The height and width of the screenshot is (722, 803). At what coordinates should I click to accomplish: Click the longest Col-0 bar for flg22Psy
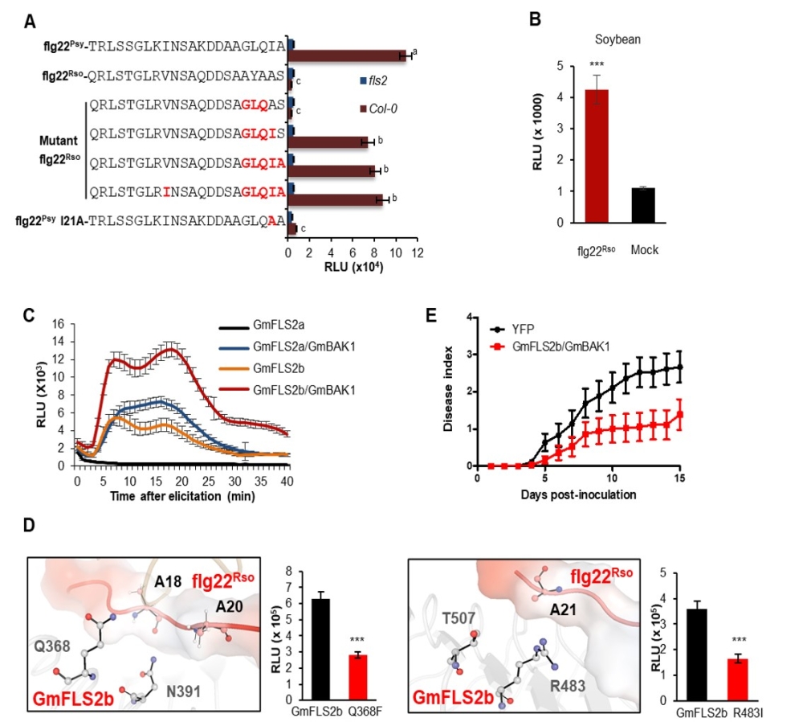click(349, 55)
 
